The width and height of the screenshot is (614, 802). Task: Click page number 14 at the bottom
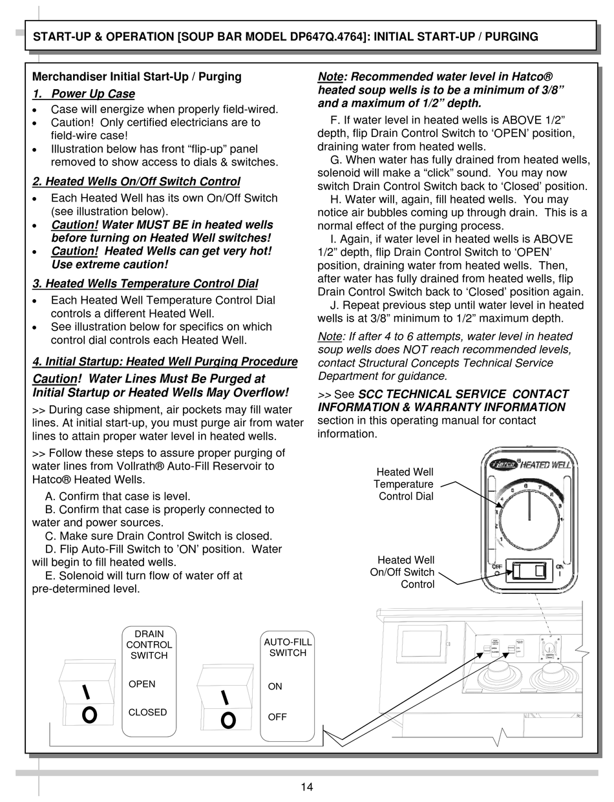coord(306,786)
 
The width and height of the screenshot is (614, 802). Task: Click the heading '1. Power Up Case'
coord(83,94)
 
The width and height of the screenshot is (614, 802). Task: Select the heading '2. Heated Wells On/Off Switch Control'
coord(136,182)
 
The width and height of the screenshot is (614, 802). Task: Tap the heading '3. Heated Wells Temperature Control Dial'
coord(145,284)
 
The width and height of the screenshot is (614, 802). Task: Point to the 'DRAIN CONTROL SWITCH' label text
coord(149,644)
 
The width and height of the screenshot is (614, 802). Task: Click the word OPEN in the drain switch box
coord(142,684)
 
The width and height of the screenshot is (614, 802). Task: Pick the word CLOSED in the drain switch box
coord(147,712)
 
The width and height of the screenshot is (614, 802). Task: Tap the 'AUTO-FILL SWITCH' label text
coord(288,647)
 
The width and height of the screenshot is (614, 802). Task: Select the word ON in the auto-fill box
coord(275,686)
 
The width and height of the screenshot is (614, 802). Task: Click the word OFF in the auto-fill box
coord(277,717)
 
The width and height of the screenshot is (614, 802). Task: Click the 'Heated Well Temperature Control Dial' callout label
coord(405,484)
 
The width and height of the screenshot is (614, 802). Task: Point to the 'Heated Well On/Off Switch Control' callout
coord(402,572)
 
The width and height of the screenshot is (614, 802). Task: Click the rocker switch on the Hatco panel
coord(529,571)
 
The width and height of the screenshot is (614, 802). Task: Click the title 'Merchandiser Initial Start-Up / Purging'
coord(136,76)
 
